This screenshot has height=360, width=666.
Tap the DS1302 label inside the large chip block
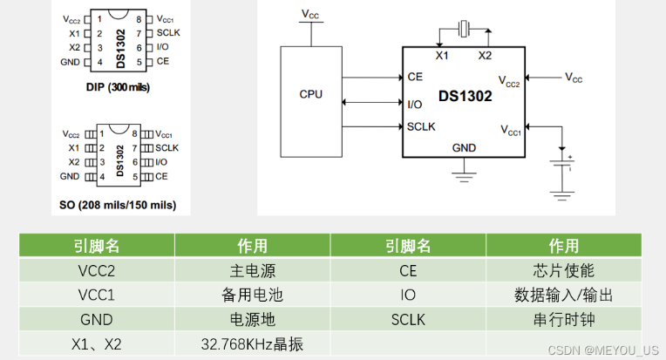point(465,98)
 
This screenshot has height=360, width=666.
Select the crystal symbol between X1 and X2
point(464,31)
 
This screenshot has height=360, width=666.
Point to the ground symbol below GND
point(464,174)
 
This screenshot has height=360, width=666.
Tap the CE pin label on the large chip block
point(415,77)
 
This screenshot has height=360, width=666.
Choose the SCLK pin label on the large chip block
point(421,126)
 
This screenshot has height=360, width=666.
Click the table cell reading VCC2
point(96,270)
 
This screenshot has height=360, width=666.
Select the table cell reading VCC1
point(96,295)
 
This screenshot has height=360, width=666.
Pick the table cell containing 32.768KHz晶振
point(252,344)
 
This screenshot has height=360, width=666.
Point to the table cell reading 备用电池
point(252,295)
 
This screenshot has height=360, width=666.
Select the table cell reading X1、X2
point(96,344)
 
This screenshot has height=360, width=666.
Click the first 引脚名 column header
point(96,246)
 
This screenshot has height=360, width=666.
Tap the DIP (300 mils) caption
point(118,88)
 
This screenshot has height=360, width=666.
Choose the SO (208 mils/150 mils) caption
point(118,206)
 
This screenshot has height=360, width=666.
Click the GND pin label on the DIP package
point(70,62)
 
